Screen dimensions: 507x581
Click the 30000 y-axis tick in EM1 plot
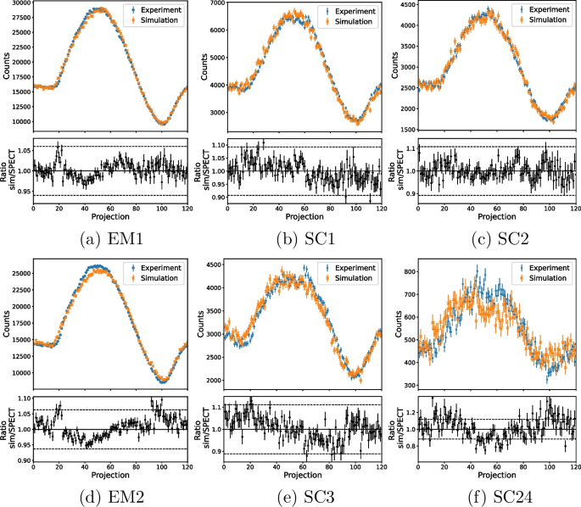tap(18, 4)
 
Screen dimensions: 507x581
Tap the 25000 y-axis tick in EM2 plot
tap(18, 274)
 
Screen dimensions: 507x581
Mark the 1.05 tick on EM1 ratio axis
tap(21, 149)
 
